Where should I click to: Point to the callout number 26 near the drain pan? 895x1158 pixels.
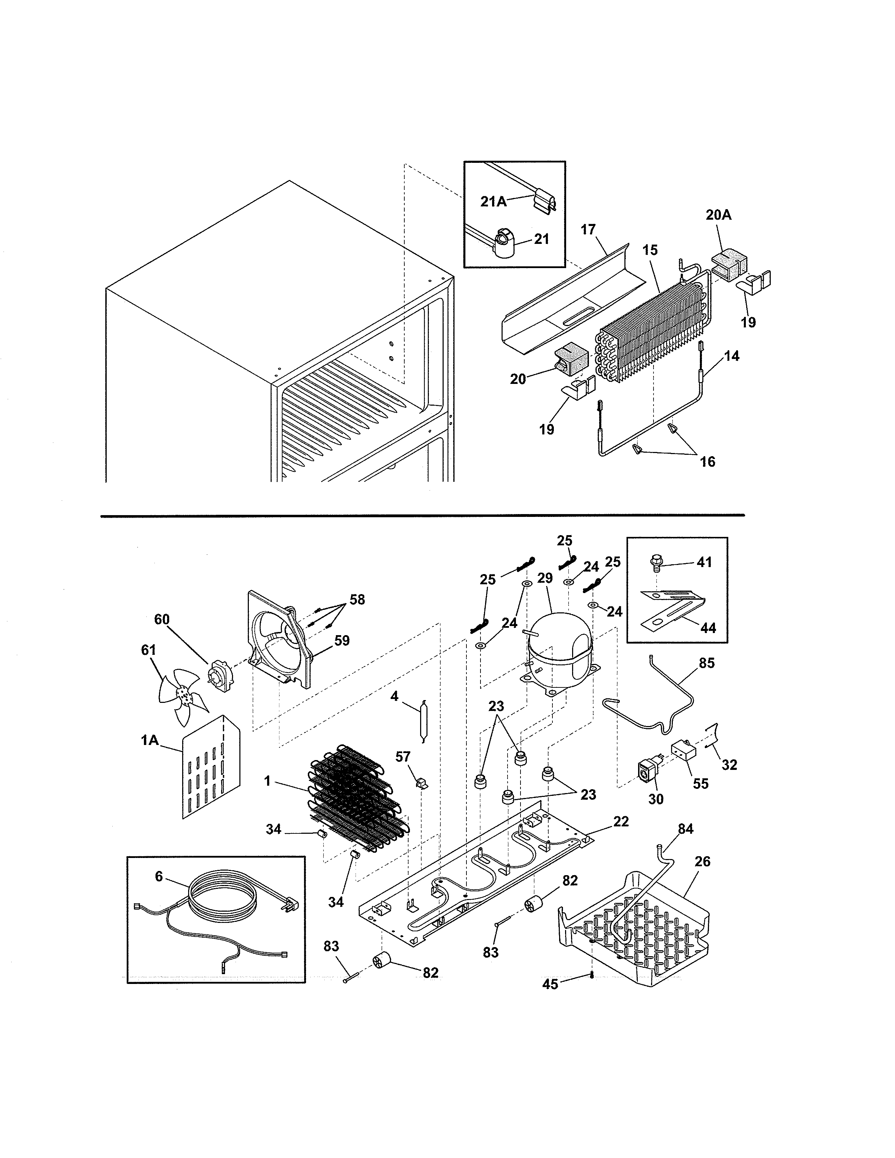(703, 861)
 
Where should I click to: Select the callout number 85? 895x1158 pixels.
(707, 663)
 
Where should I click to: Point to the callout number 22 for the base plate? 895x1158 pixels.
(621, 821)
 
